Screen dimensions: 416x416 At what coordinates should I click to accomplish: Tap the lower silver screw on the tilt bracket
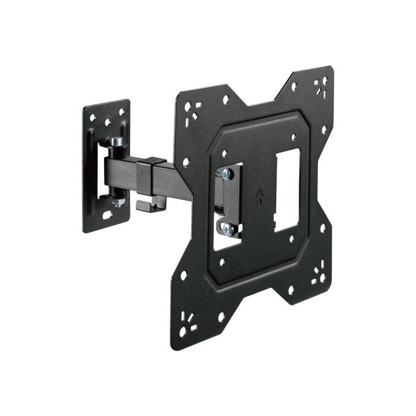tap(228, 229)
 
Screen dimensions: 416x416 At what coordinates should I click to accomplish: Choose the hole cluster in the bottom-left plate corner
tap(187, 322)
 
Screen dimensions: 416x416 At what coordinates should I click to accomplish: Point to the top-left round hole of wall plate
tap(93, 115)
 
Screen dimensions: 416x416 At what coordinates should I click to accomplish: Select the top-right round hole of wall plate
tap(122, 112)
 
